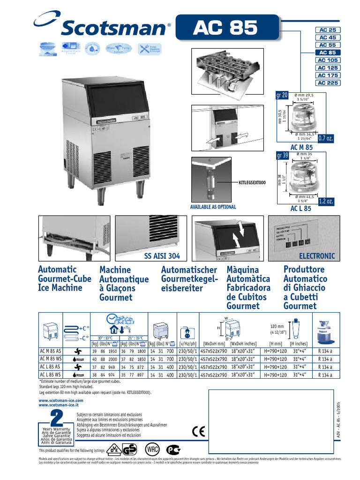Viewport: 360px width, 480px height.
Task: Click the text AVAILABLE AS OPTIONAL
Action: pyautogui.click(x=213, y=207)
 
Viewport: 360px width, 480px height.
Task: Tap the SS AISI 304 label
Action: pyautogui.click(x=162, y=256)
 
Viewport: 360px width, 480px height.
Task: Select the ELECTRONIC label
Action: pyautogui.click(x=317, y=256)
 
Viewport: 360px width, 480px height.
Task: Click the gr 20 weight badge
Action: pyautogui.click(x=282, y=96)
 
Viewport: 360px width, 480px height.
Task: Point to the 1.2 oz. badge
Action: pyautogui.click(x=326, y=202)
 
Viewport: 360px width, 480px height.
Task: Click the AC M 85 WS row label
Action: pyautogui.click(x=51, y=359)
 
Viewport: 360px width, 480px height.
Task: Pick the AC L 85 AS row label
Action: pyautogui.click(x=51, y=367)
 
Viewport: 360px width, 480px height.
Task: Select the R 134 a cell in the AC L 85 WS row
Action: pyautogui.click(x=325, y=375)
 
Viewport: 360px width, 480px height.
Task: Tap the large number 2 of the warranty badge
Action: pyautogui.click(x=56, y=417)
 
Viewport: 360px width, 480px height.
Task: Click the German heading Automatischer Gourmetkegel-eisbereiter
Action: pyautogui.click(x=189, y=279)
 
